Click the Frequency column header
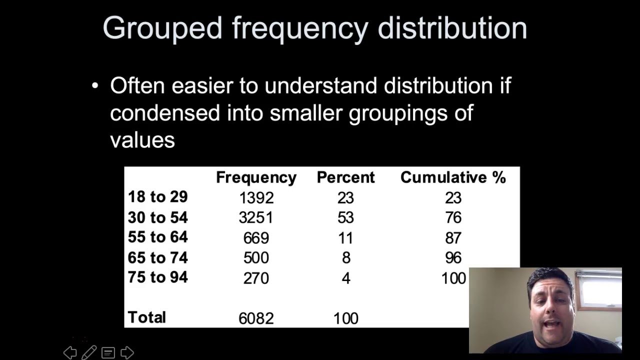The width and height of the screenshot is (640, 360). [256, 177]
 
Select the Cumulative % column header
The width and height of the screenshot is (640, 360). [453, 177]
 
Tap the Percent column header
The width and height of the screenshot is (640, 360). [345, 177]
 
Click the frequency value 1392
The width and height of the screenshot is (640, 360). [256, 198]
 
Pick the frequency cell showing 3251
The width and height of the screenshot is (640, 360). [256, 218]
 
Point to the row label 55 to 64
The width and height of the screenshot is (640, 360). [158, 237]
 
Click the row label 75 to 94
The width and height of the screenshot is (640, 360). [158, 277]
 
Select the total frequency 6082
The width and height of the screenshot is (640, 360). [256, 318]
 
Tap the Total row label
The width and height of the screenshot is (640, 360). [146, 317]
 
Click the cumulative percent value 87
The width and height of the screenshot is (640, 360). [453, 238]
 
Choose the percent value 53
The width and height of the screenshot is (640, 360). [345, 218]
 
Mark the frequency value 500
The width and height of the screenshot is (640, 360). [256, 258]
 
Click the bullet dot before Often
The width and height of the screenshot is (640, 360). [95, 86]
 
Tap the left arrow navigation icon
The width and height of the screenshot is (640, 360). [70, 352]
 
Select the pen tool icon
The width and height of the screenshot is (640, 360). [89, 352]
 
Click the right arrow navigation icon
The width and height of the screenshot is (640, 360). [127, 352]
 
